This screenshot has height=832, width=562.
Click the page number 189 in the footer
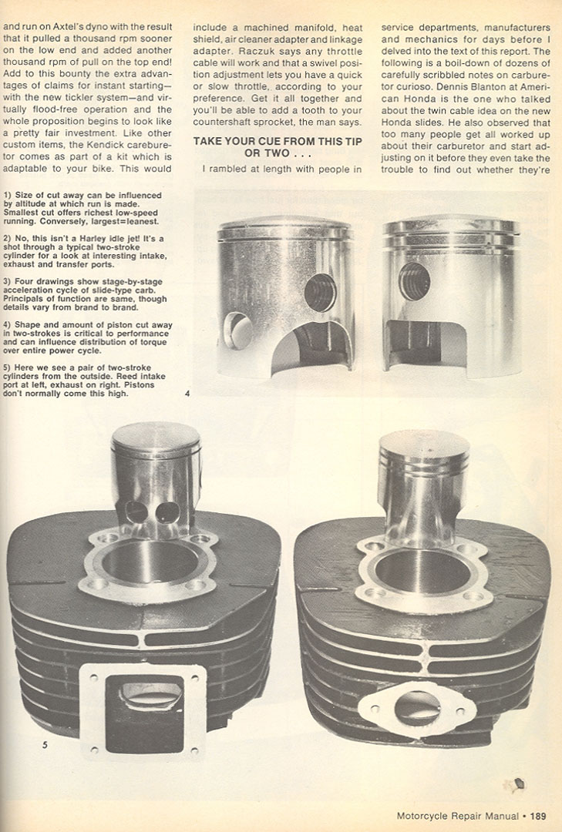(x=537, y=816)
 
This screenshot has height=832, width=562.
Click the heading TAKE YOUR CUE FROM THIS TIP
(x=278, y=141)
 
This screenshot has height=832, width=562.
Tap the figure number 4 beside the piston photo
(x=187, y=394)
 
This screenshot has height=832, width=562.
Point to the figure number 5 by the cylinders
(x=45, y=745)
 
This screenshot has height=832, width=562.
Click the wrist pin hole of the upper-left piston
(x=320, y=293)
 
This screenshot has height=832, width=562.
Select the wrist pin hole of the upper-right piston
(x=414, y=281)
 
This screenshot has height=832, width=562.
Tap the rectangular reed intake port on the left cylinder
(x=144, y=713)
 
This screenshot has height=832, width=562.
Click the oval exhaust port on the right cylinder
(x=418, y=709)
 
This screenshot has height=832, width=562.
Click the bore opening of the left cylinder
(x=150, y=561)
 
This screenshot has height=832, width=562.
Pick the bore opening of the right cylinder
(x=422, y=570)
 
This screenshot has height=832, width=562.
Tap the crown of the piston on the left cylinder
(x=156, y=436)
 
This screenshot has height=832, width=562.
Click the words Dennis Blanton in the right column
(x=466, y=87)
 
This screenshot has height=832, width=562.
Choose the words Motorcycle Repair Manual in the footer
(x=457, y=816)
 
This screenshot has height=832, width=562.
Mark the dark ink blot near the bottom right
(x=520, y=783)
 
